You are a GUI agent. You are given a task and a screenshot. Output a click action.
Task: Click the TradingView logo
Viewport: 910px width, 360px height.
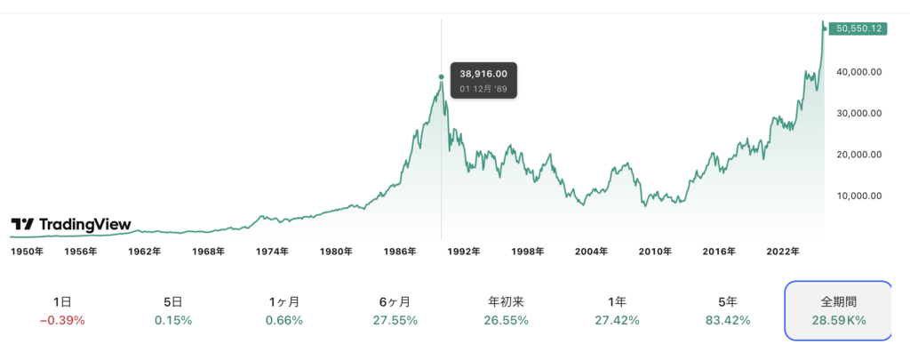70,225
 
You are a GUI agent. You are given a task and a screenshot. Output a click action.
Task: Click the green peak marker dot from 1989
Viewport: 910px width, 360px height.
442,77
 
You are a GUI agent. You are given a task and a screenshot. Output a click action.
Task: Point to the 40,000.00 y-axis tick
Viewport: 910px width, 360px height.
858,72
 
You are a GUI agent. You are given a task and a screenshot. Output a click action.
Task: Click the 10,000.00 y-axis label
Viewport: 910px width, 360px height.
858,196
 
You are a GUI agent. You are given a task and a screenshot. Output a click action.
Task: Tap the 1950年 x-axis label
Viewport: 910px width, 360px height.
28,252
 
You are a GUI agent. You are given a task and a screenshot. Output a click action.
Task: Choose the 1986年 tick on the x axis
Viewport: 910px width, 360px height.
401,252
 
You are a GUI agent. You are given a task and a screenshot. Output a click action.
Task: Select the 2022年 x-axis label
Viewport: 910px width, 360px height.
784,252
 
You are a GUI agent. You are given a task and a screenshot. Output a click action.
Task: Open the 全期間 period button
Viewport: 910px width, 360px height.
836,310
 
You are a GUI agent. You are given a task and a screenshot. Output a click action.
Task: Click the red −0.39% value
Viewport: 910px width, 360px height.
61,320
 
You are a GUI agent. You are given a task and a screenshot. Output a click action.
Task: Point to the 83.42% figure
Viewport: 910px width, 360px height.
726,320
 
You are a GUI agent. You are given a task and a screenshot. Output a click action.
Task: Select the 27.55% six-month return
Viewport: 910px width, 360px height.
394,320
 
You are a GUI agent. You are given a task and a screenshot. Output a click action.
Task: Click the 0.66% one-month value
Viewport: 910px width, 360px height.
284,320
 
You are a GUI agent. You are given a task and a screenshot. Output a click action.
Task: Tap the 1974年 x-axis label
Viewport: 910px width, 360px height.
271,252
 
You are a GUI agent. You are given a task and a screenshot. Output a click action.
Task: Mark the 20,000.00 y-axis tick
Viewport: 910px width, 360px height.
858,155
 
